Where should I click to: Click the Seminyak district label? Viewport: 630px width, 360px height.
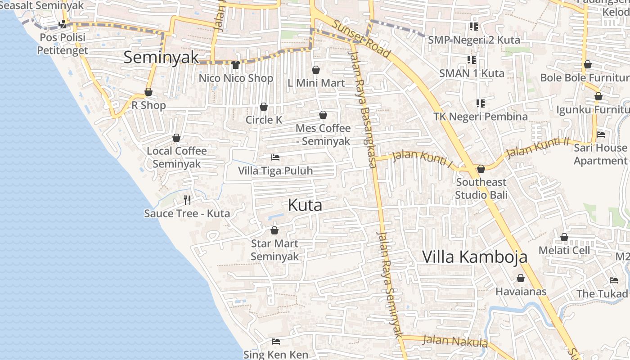pos(161,57)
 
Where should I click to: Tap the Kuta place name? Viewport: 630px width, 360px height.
pos(305,205)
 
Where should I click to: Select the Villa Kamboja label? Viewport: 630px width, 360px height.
pos(474,256)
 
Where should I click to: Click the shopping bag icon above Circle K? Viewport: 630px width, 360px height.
pos(264,107)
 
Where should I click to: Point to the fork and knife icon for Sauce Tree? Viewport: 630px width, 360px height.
pos(187,200)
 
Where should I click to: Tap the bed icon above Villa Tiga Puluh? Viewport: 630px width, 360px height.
pos(275,157)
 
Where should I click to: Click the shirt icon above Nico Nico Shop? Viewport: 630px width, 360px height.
pos(236,65)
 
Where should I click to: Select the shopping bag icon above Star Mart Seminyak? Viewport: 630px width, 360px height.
pos(274,230)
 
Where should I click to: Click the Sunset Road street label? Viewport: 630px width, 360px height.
pos(361,39)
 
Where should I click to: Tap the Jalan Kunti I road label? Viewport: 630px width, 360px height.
pos(423,158)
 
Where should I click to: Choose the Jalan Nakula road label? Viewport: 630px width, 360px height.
pos(454,341)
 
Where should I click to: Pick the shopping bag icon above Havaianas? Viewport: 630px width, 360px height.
pos(521,278)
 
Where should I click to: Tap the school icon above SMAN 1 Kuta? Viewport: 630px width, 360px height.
pos(472,59)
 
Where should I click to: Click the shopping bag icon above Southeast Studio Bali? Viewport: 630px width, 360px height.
pos(481,169)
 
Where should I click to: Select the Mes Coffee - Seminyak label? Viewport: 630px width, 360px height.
pos(323,135)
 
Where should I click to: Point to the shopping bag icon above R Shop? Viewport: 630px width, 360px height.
pos(148,92)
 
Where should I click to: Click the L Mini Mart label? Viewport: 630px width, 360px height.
pos(316,83)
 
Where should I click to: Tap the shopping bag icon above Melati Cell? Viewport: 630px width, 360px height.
pos(564,237)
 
